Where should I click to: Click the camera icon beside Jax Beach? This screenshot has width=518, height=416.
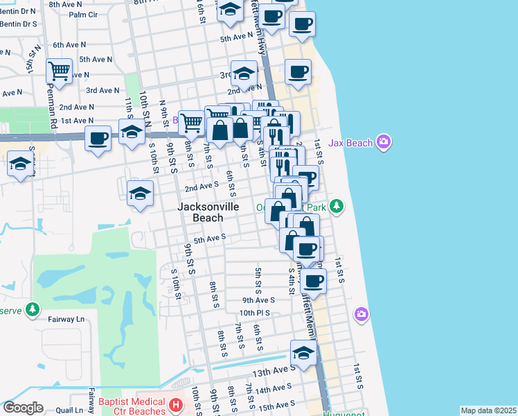[x=384, y=144]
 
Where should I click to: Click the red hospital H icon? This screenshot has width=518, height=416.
[x=177, y=405]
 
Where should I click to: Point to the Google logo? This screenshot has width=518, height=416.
[x=23, y=408]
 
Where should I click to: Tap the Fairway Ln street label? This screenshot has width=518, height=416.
[x=66, y=320]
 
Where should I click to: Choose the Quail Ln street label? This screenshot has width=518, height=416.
[x=69, y=410]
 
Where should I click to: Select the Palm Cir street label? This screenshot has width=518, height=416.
[x=83, y=14]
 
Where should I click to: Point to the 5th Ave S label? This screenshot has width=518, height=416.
[x=210, y=239]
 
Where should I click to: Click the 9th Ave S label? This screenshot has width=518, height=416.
[x=258, y=300]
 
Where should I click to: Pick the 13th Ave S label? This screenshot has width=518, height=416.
[x=270, y=372]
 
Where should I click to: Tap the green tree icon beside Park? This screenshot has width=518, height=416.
[x=336, y=206]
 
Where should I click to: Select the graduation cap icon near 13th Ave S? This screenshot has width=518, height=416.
[x=303, y=353]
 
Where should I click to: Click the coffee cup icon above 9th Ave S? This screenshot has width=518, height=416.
[x=313, y=281]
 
